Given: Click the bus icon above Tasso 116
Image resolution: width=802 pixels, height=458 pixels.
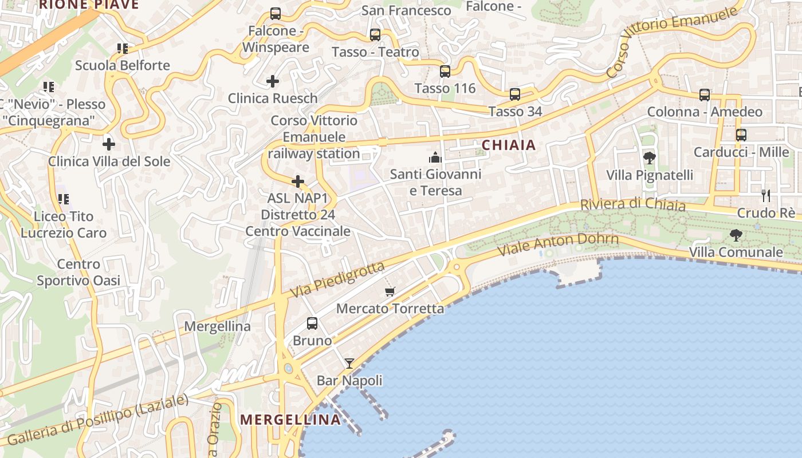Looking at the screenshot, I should click(x=445, y=72).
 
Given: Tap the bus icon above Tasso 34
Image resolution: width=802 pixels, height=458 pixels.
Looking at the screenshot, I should click(x=515, y=94).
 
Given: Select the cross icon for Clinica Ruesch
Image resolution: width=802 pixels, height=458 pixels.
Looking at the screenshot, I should click(x=273, y=81).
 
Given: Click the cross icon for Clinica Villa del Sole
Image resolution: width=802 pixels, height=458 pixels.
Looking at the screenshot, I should click(x=108, y=144).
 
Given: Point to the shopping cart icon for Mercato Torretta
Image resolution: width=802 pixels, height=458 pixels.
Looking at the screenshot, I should click(x=390, y=292).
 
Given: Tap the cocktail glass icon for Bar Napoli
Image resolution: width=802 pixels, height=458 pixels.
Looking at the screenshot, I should click(x=349, y=363).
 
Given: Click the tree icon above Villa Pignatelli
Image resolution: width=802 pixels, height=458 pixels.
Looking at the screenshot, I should click(x=649, y=157).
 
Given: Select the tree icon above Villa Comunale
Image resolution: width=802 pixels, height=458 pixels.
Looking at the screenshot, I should click(x=736, y=235).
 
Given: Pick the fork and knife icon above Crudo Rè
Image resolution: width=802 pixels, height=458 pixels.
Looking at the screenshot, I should click(x=766, y=196).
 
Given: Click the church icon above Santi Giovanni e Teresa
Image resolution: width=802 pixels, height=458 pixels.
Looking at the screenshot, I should click(x=435, y=157).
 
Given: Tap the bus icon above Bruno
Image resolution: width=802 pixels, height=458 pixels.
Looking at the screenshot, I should click(x=312, y=323).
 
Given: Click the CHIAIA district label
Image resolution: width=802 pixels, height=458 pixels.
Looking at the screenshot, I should click(x=509, y=145).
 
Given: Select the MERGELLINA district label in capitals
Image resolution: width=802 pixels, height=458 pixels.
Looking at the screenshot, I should click(x=290, y=420).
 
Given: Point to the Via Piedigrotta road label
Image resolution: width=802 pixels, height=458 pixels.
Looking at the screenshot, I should click(x=337, y=279).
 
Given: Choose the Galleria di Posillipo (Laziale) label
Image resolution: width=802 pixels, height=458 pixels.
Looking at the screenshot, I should click(x=97, y=420).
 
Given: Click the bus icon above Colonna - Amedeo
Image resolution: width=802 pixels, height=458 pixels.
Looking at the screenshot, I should click(x=705, y=95).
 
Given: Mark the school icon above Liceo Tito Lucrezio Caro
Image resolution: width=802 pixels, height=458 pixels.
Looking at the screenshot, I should click(x=63, y=199).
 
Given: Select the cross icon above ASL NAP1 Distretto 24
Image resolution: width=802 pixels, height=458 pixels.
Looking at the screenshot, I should click(x=298, y=181).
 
